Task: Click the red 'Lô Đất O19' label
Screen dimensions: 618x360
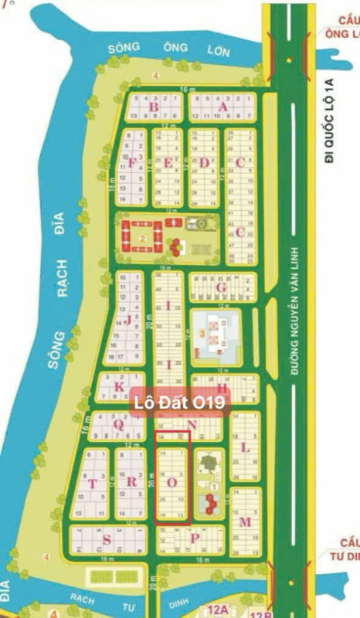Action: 179,402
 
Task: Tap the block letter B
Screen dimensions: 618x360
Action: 154,107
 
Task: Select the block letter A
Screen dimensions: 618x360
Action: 224,107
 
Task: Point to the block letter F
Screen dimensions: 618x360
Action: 132,163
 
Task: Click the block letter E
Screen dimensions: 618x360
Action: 168,162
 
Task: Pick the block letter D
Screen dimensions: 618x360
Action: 204,162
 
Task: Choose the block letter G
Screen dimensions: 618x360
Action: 220,288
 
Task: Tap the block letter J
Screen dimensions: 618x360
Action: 127,320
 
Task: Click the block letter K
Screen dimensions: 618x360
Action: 119,387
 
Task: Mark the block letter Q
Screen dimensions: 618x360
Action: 118,423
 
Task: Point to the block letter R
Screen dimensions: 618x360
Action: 131,483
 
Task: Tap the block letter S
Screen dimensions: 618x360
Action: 107,538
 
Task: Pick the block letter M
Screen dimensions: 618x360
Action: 245,522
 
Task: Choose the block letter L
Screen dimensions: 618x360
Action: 245,447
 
